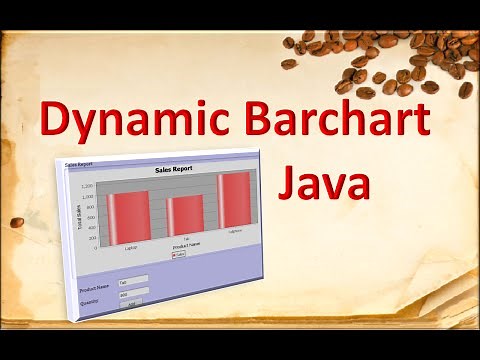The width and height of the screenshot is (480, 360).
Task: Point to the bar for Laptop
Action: pyautogui.click(x=131, y=216)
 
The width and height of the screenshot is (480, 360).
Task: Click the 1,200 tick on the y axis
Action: pyautogui.click(x=88, y=187)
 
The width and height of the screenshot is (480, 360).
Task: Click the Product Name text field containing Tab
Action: pyautogui.click(x=132, y=281)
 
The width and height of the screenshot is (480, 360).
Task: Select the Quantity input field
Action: pyautogui.click(x=132, y=293)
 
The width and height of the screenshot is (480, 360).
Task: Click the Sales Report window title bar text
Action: pyautogui.click(x=77, y=162)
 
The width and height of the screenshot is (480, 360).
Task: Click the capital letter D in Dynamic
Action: pyautogui.click(x=57, y=121)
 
